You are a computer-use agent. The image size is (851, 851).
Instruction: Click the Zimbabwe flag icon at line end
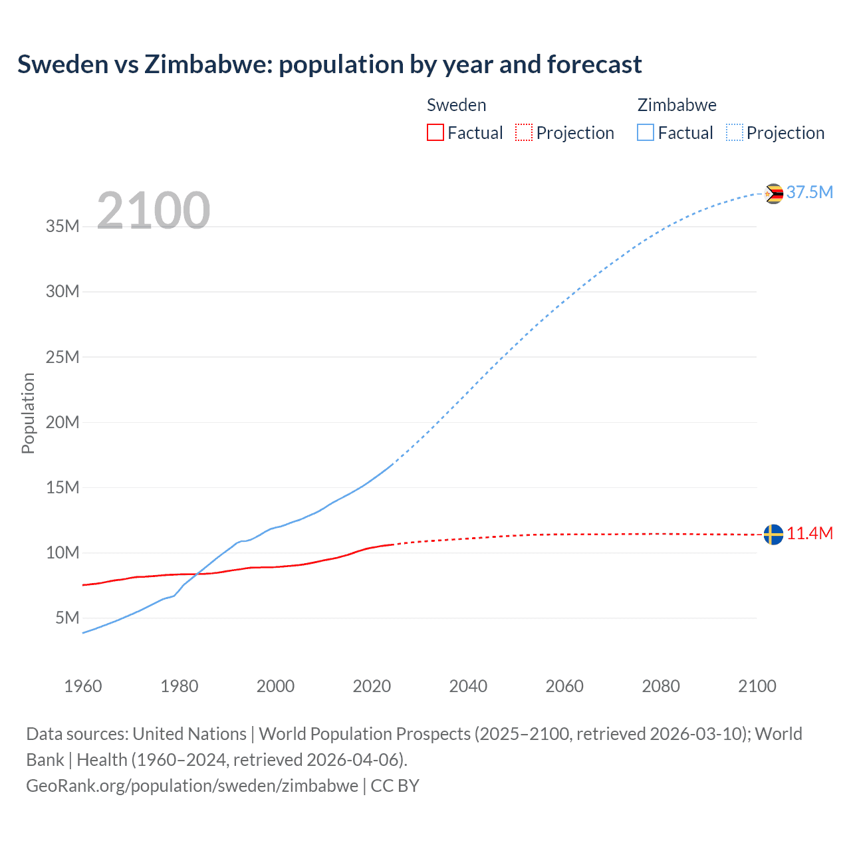pyautogui.click(x=773, y=193)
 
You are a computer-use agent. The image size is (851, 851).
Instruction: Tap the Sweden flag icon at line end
pyautogui.click(x=773, y=534)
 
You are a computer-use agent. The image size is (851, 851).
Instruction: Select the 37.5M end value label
pyautogui.click(x=809, y=192)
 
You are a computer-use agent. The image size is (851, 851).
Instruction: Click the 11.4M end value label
pyautogui.click(x=810, y=533)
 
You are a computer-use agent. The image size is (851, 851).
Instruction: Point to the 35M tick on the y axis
pyautogui.click(x=62, y=226)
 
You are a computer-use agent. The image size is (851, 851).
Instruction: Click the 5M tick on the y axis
pyautogui.click(x=67, y=618)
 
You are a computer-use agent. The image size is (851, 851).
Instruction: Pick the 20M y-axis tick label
pyautogui.click(x=62, y=422)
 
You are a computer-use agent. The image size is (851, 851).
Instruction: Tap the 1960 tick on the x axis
pyautogui.click(x=83, y=686)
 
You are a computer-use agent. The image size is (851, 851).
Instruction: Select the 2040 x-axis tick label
pyautogui.click(x=468, y=686)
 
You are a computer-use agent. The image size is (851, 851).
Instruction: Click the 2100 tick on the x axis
pyautogui.click(x=757, y=686)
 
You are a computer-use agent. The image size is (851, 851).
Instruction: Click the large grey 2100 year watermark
pyautogui.click(x=154, y=211)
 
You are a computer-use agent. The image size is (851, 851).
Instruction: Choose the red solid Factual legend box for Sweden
pyautogui.click(x=435, y=132)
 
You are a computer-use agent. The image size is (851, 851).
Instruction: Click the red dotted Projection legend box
pyautogui.click(x=524, y=132)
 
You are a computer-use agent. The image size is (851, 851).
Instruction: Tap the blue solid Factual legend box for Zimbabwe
pyautogui.click(x=646, y=132)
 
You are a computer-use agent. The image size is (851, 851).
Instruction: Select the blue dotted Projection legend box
pyautogui.click(x=735, y=132)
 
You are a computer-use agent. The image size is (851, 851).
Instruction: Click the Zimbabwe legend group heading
pyautogui.click(x=677, y=105)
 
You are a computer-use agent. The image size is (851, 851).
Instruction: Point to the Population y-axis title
pyautogui.click(x=28, y=413)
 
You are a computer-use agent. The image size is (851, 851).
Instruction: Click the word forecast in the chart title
pyautogui.click(x=594, y=64)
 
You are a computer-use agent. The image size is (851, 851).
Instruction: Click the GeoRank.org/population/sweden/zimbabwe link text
pyautogui.click(x=192, y=785)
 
